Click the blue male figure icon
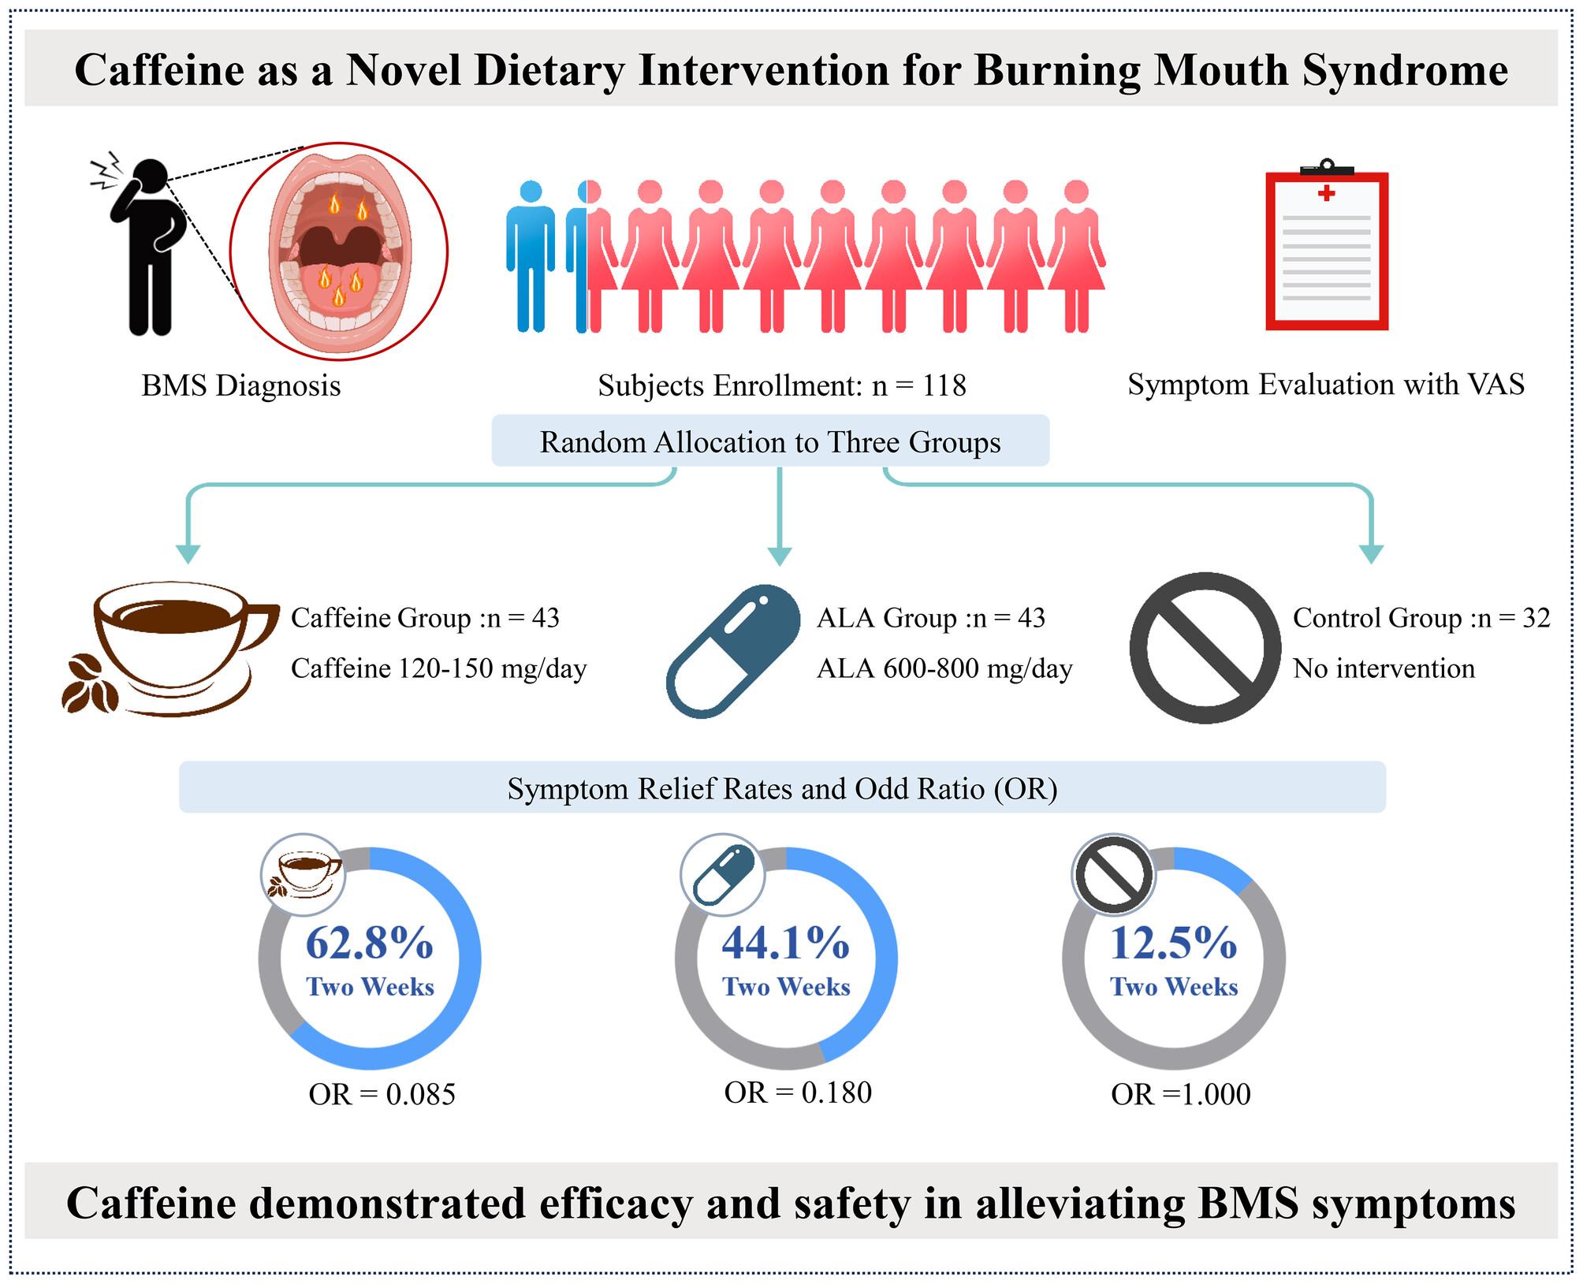(531, 256)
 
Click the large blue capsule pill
(734, 651)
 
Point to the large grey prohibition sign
(1205, 648)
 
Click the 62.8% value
(370, 942)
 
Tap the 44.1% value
(786, 942)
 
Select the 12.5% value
(1174, 942)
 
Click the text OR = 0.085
(382, 1094)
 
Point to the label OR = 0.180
(798, 1092)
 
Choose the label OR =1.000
(1181, 1094)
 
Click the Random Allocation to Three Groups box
(770, 441)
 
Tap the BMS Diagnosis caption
(241, 385)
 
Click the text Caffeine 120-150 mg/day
(439, 668)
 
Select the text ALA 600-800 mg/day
(944, 668)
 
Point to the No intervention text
(1384, 668)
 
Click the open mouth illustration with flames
(339, 251)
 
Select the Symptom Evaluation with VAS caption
(1326, 384)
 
